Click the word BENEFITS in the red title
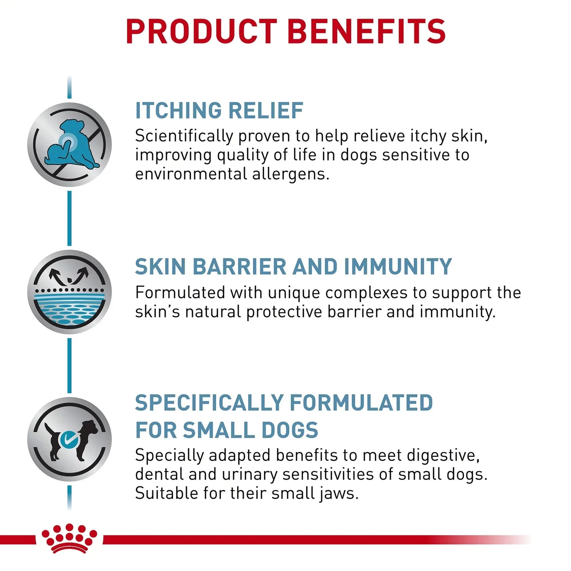point(367,31)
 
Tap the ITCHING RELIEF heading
point(219,110)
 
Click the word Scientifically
point(184,136)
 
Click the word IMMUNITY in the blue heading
point(398,266)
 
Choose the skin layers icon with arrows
point(70,292)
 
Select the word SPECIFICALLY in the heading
point(209,403)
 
